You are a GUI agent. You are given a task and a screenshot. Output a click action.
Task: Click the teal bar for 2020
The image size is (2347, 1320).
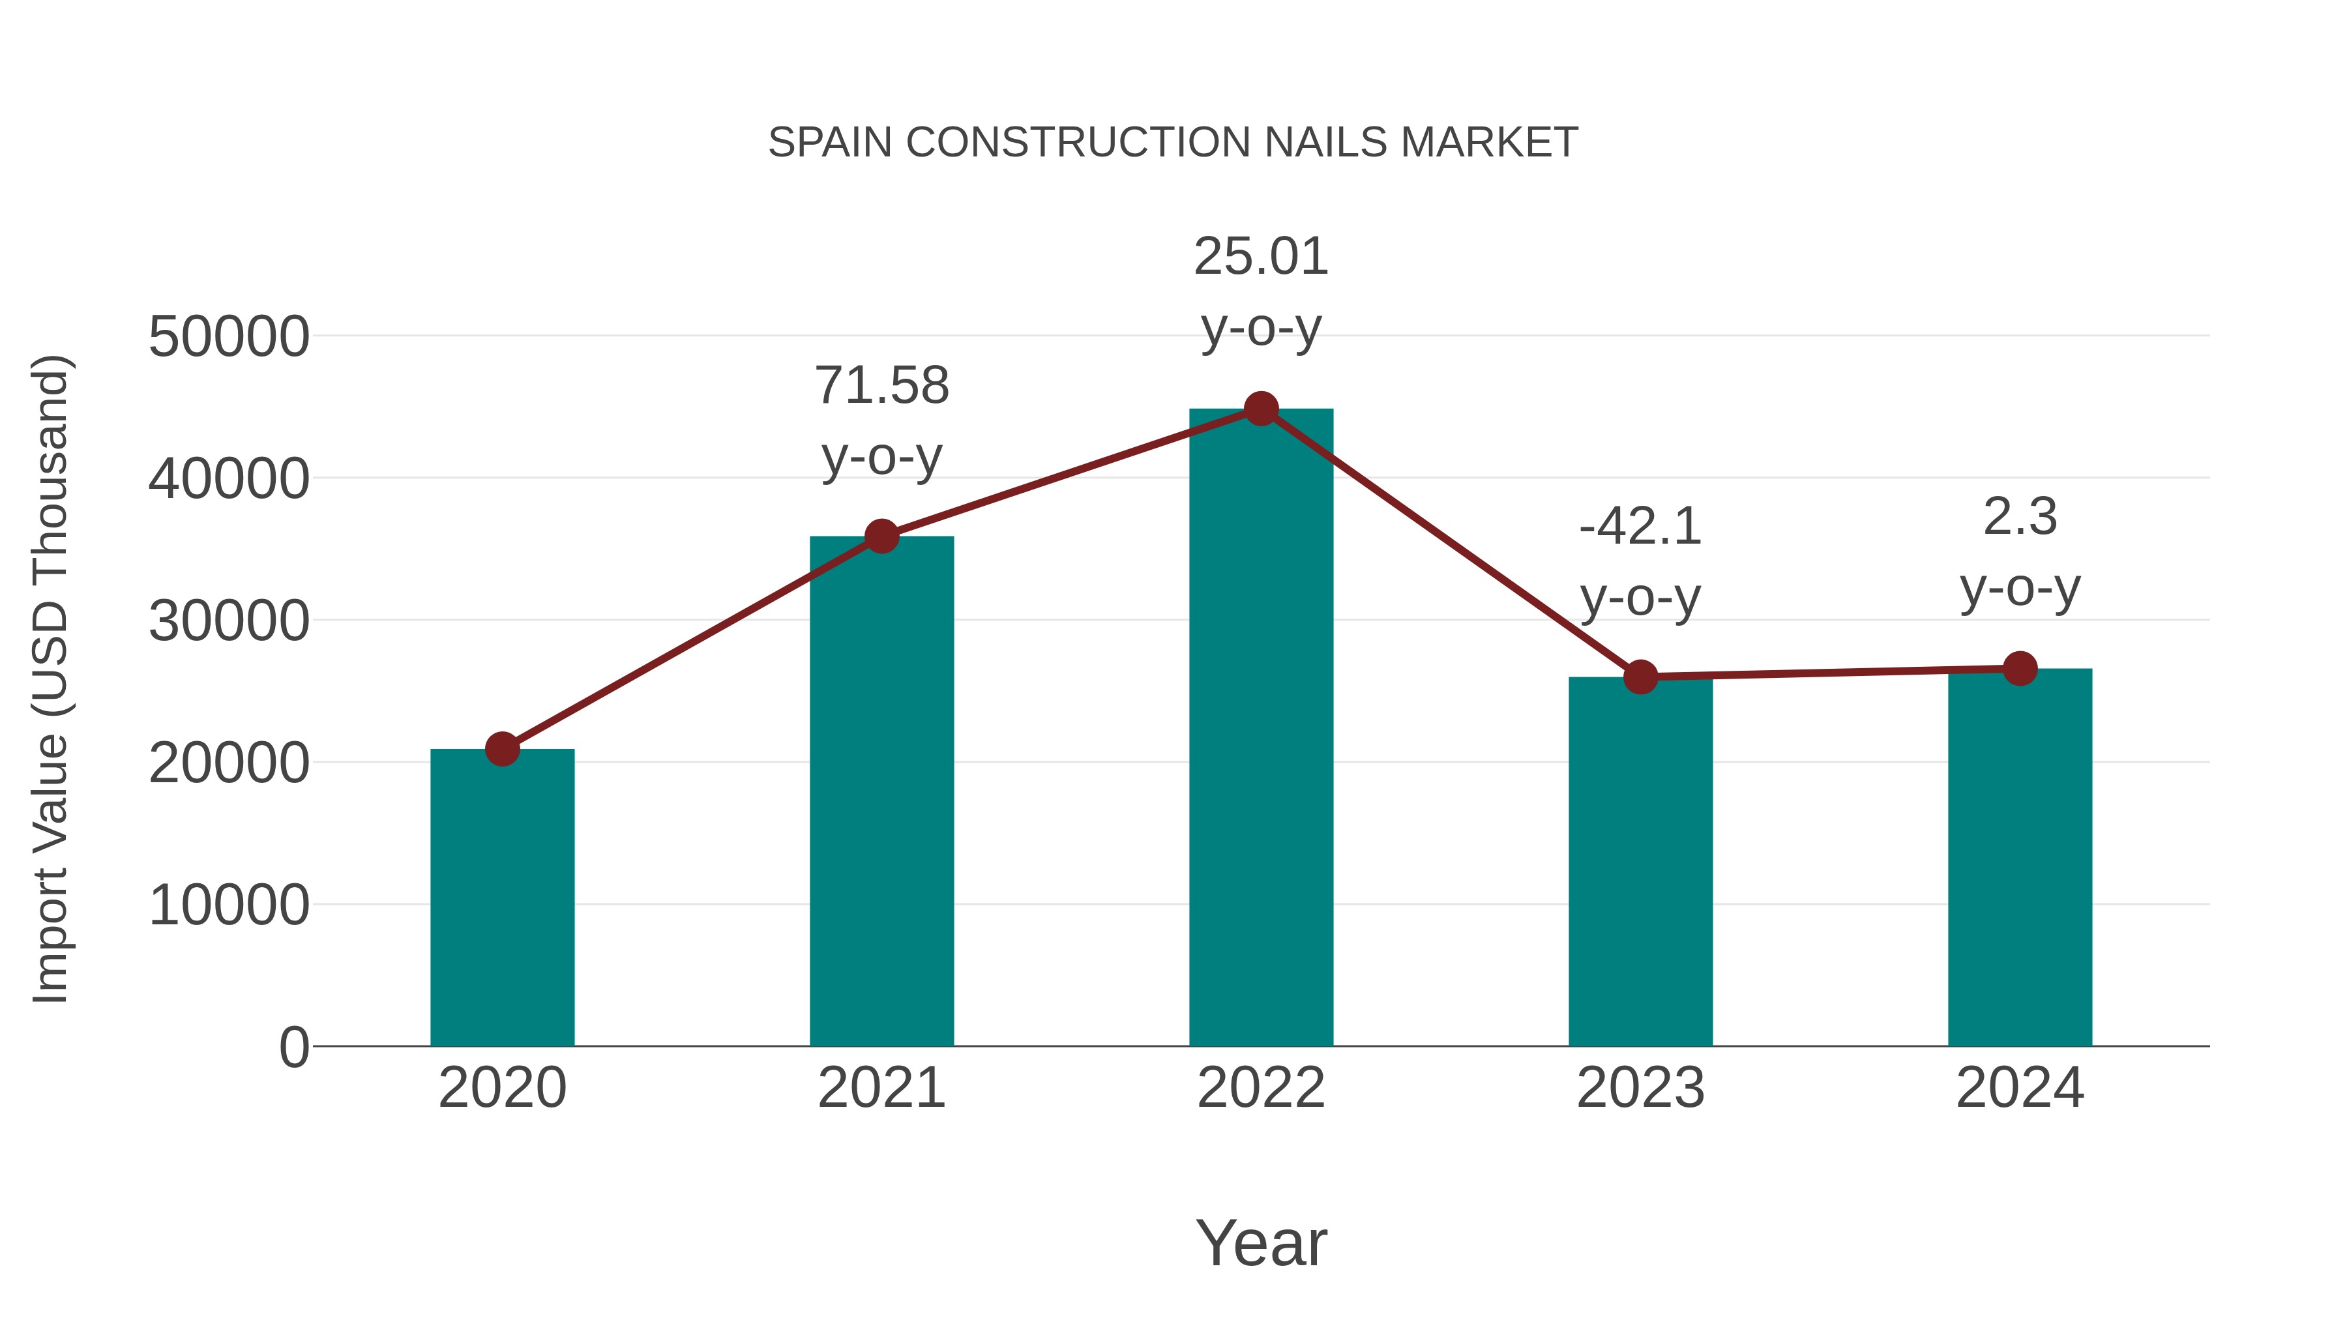tap(502, 898)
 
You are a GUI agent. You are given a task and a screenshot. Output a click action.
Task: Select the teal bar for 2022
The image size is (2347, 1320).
tap(1261, 729)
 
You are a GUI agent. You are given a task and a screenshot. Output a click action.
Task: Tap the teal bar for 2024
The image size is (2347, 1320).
tap(2020, 857)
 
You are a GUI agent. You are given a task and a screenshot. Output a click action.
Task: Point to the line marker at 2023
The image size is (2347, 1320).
tap(1640, 677)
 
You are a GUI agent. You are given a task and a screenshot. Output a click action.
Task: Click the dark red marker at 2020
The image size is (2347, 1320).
tap(502, 749)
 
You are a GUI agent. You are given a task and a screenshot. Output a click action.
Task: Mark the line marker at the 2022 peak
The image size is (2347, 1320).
tap(1261, 409)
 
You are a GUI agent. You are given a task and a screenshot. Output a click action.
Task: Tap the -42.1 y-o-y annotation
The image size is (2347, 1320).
tap(1640, 561)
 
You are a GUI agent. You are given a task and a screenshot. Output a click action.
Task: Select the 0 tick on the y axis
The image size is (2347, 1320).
tap(294, 1048)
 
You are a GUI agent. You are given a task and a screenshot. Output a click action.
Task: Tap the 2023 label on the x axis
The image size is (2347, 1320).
tap(1640, 1088)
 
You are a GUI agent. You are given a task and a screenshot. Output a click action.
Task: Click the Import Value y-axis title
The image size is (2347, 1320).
tap(50, 679)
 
